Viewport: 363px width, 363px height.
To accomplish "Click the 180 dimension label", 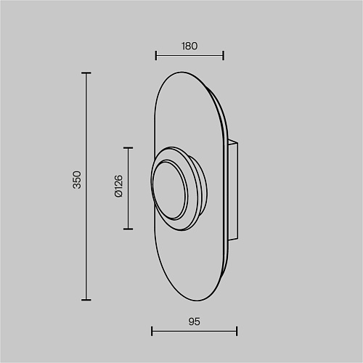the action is click(189, 46).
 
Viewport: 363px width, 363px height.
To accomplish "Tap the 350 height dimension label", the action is click(78, 180).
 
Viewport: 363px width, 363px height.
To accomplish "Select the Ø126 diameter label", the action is click(119, 186).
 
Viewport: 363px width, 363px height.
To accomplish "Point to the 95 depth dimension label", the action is click(194, 322).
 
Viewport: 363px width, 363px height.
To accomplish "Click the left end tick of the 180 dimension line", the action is click(156, 55).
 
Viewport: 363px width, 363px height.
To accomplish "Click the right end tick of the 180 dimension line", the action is click(223, 55).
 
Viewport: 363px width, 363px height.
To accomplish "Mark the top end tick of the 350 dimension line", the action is click(86, 73).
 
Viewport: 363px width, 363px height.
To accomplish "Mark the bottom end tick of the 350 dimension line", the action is click(86, 300).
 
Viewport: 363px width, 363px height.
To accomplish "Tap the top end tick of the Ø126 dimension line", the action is click(128, 147).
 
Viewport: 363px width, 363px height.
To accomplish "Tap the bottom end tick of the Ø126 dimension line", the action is click(128, 229).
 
